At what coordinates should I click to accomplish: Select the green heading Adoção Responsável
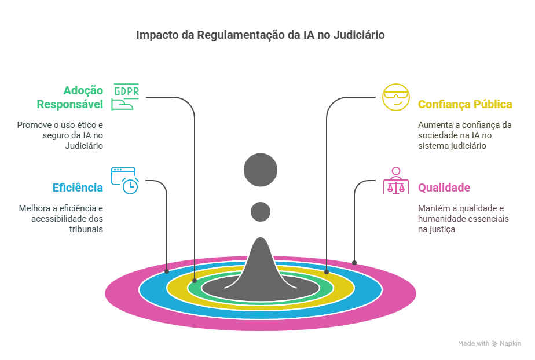tap(70, 97)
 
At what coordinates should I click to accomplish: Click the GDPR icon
tap(125, 97)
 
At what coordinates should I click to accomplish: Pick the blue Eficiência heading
tap(78, 188)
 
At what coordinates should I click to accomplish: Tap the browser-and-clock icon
tap(125, 181)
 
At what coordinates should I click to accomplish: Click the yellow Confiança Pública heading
tap(465, 104)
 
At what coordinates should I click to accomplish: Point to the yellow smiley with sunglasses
tap(396, 97)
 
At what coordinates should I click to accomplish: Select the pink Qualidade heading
tap(444, 188)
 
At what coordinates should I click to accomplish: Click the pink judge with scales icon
tap(396, 181)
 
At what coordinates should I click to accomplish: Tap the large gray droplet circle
tap(261, 170)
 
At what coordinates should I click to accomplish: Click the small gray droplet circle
tap(261, 212)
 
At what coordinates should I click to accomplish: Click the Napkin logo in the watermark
tap(494, 344)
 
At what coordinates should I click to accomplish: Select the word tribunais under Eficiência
tap(86, 229)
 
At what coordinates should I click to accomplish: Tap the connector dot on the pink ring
tap(354, 263)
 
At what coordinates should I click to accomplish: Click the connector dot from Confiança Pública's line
tap(327, 272)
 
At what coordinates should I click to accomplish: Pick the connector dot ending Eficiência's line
tap(167, 271)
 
